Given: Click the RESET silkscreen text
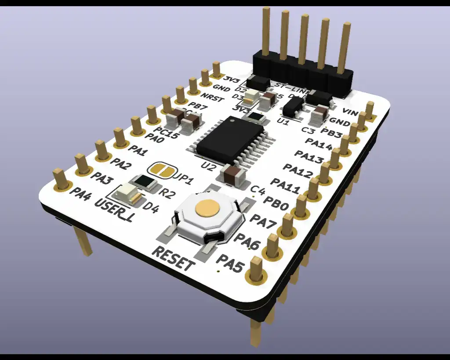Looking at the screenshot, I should point(173,259).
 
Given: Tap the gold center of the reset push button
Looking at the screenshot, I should point(207,208).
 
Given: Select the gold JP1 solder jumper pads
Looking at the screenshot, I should point(162,170).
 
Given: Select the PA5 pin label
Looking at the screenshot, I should point(230,263).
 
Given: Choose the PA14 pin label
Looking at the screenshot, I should point(319,145).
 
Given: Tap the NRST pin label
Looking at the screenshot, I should point(212,97).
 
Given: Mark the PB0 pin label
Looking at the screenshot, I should point(276,205).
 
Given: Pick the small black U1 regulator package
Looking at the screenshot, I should point(292,106).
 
